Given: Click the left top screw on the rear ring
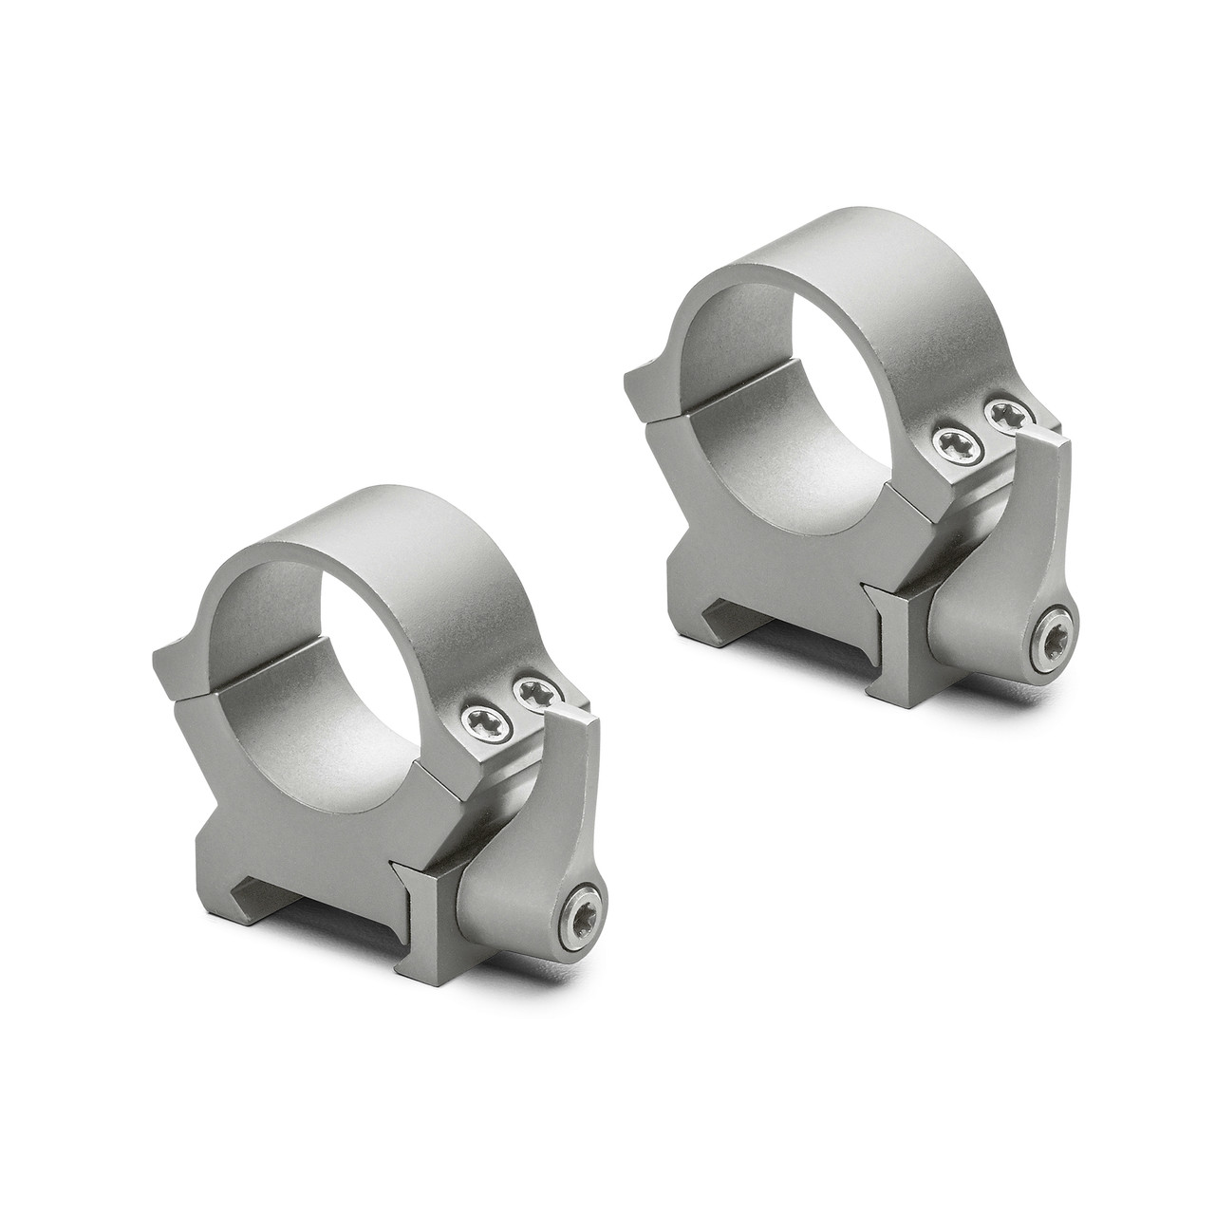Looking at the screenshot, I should point(951,439).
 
